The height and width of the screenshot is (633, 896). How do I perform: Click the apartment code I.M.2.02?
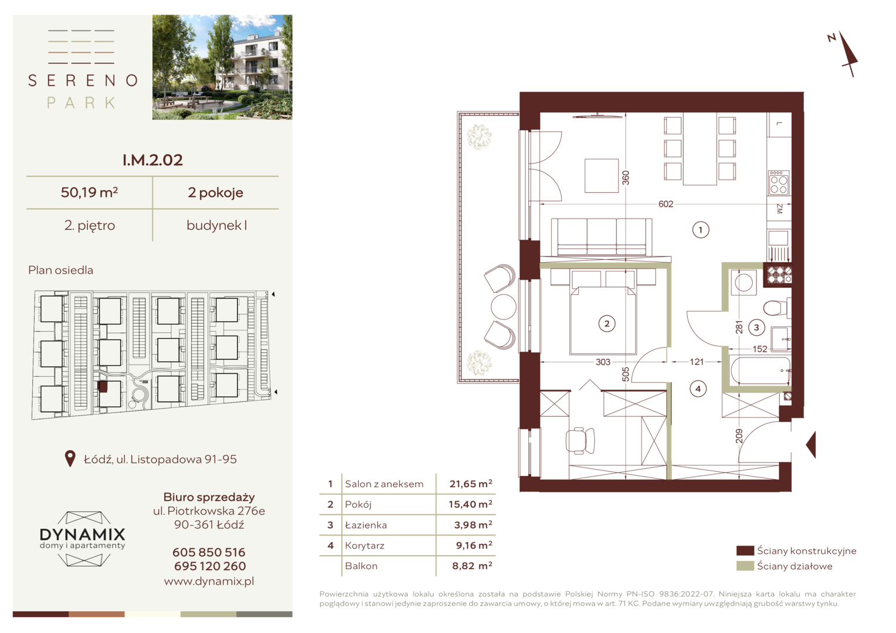[152, 160]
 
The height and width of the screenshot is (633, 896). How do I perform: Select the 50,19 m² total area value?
[89, 192]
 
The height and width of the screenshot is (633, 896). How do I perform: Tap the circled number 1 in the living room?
[700, 230]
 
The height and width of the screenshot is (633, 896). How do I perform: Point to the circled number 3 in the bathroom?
[756, 328]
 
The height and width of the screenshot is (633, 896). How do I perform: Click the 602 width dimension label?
[666, 204]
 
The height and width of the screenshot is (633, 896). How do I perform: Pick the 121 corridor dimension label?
[697, 362]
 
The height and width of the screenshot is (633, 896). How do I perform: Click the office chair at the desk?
[580, 441]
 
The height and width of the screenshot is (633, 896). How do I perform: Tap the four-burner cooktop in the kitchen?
[778, 183]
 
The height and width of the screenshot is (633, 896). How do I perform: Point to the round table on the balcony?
[503, 307]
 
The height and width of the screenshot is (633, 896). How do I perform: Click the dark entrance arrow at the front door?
[810, 444]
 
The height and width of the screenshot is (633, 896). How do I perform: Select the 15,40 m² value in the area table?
[470, 504]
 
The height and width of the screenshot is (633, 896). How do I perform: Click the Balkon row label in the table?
[361, 566]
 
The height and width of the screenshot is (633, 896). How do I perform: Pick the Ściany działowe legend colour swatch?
[745, 566]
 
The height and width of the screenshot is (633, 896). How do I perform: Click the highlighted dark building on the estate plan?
[103, 387]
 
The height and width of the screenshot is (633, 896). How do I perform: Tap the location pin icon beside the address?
[70, 459]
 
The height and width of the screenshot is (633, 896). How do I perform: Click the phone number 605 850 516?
[209, 552]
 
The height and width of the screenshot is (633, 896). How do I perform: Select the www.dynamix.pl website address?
[209, 581]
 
